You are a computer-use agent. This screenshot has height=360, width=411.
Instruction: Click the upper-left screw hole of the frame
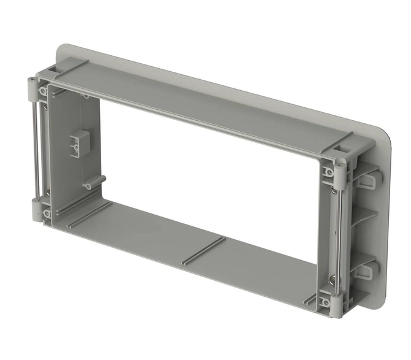click(44, 91)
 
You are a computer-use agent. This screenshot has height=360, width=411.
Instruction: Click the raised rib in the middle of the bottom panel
click(202, 251)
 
